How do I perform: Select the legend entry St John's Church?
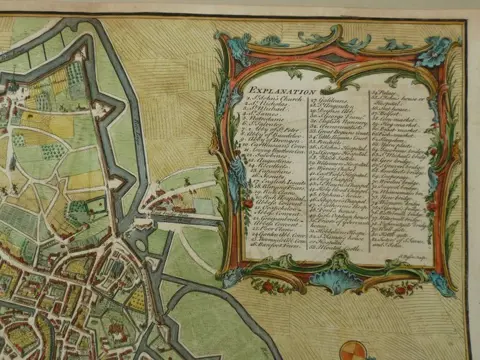tap(269, 99)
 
